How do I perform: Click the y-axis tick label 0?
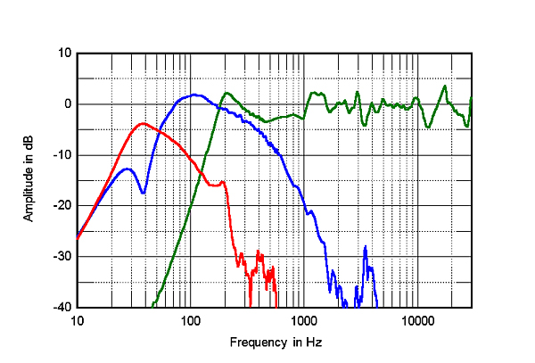(x=66, y=104)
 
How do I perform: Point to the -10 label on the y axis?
(x=61, y=155)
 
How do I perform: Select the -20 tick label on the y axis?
(x=61, y=206)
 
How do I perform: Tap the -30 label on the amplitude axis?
(x=61, y=257)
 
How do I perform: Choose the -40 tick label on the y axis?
(x=61, y=308)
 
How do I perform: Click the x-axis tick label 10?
(x=77, y=320)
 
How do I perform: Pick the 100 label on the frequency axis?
(x=190, y=320)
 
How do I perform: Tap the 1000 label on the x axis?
(x=303, y=320)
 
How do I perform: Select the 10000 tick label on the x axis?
(x=416, y=320)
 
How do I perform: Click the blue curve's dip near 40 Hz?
(x=143, y=193)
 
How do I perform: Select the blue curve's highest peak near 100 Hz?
(x=194, y=94)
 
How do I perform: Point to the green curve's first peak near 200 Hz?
(x=227, y=92)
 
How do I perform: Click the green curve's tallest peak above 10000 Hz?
(x=445, y=86)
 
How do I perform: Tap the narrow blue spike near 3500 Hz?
(x=366, y=247)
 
